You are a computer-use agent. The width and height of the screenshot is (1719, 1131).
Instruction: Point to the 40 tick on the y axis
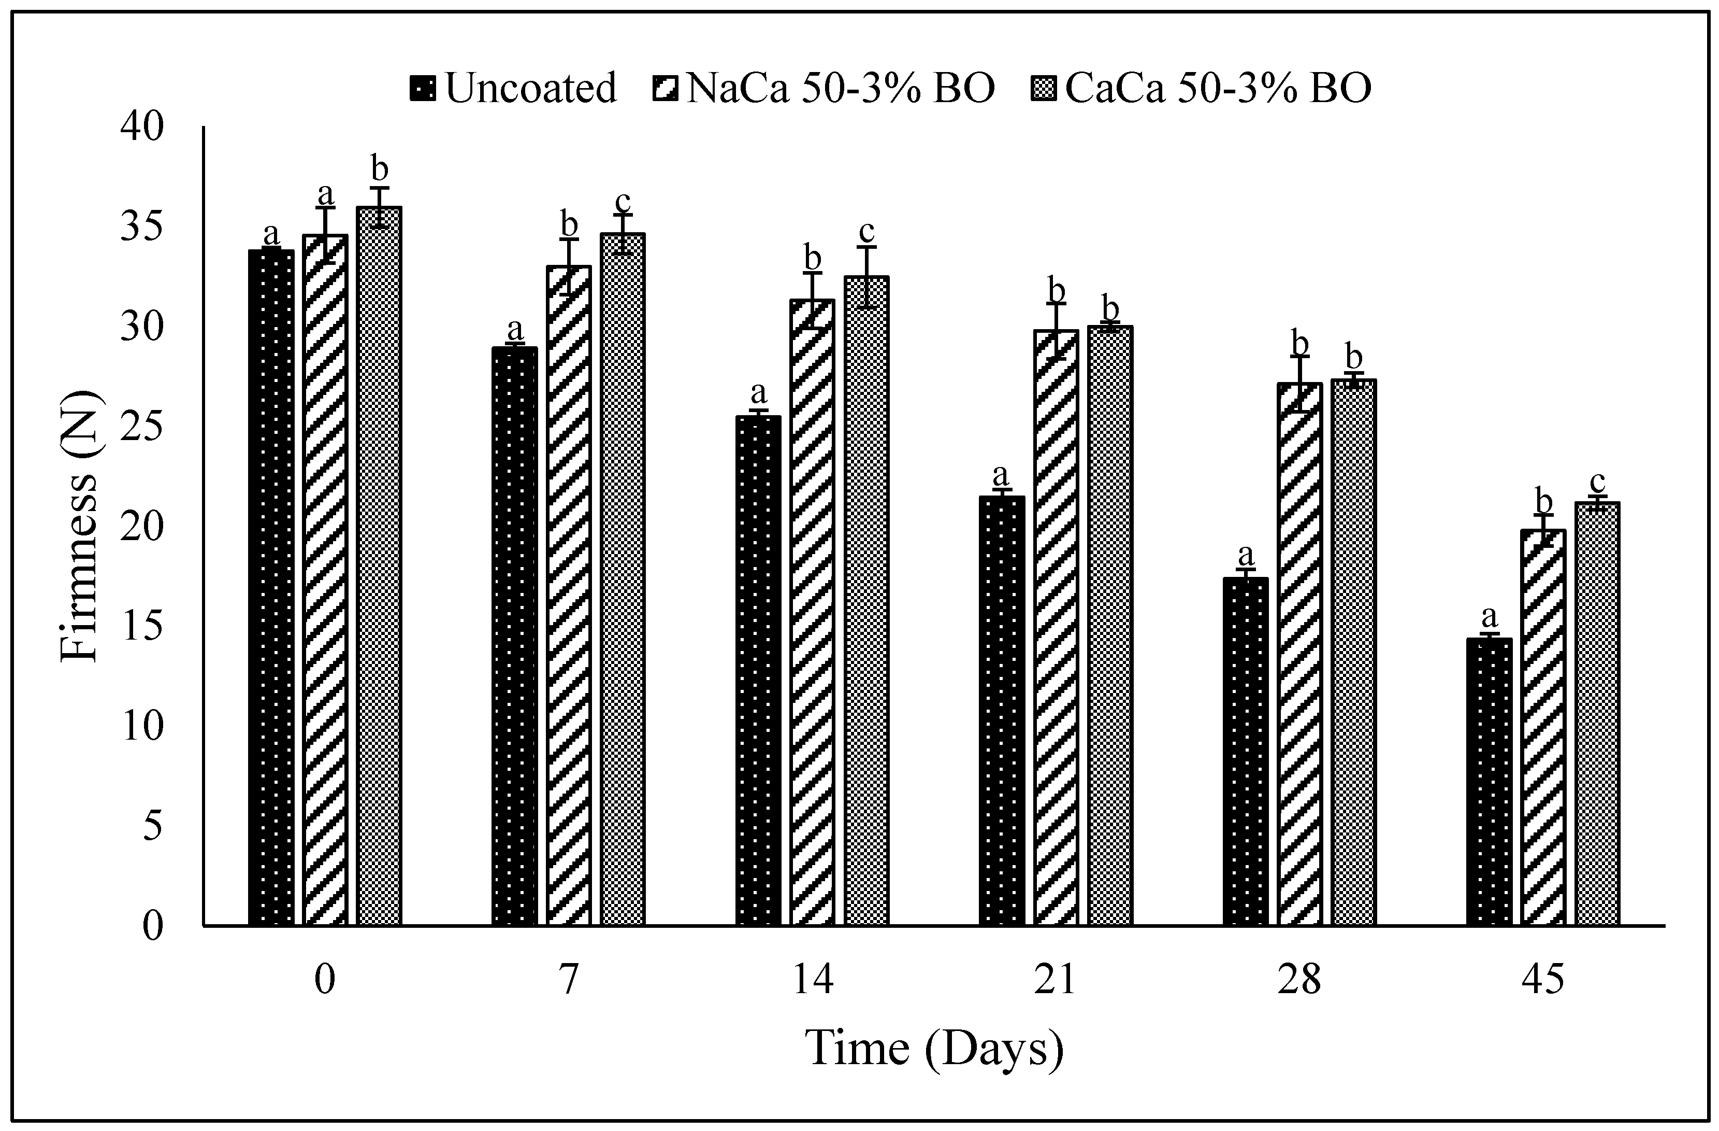pyautogui.click(x=143, y=127)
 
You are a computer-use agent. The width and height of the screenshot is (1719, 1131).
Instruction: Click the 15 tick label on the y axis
pyautogui.click(x=143, y=626)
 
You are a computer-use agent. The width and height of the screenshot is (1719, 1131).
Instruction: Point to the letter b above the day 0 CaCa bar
pyautogui.click(x=379, y=168)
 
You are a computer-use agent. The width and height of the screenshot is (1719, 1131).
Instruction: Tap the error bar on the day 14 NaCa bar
pyautogui.click(x=813, y=300)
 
